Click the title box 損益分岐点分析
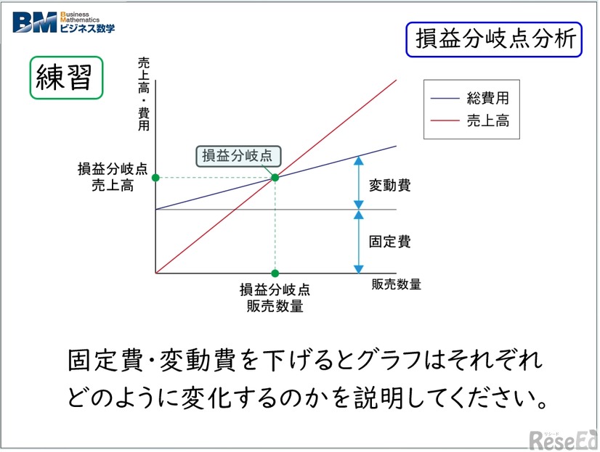[493, 39]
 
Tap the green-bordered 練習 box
[65, 77]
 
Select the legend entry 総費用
[487, 98]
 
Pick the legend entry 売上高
[487, 120]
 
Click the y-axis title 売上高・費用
[144, 95]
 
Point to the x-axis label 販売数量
[396, 284]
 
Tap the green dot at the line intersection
[275, 178]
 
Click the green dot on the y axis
[155, 178]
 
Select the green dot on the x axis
[275, 273]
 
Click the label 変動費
[389, 185]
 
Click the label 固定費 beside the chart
[389, 242]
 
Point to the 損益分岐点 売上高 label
[112, 177]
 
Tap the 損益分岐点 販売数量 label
[275, 297]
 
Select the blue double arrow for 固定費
[358, 241]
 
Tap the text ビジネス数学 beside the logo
[86, 28]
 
